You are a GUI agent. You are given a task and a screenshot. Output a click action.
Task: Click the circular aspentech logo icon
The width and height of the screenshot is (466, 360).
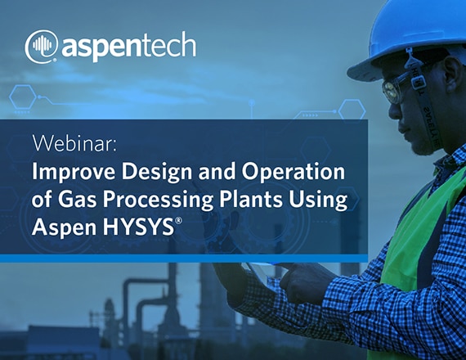(42, 47)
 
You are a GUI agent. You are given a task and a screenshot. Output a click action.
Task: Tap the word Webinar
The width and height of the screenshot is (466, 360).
(74, 143)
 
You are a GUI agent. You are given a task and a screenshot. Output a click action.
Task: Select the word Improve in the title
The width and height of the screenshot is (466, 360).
(74, 173)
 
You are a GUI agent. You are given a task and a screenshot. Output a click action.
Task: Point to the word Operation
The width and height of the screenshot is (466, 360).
(293, 173)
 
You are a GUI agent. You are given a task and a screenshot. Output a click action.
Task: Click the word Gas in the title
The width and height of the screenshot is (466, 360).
(77, 199)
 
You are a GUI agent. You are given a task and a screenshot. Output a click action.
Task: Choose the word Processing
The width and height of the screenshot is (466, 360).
(158, 200)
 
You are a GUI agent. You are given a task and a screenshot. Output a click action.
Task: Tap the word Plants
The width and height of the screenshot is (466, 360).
(251, 199)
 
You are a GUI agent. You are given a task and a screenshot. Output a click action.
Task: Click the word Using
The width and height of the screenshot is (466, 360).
(318, 200)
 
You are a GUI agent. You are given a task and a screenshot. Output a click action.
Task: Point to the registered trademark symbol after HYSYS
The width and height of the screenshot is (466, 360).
(178, 221)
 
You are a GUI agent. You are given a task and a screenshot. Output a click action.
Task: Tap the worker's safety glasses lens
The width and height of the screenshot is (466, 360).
(391, 91)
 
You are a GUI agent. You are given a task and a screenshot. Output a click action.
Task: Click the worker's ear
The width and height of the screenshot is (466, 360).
(452, 74)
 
